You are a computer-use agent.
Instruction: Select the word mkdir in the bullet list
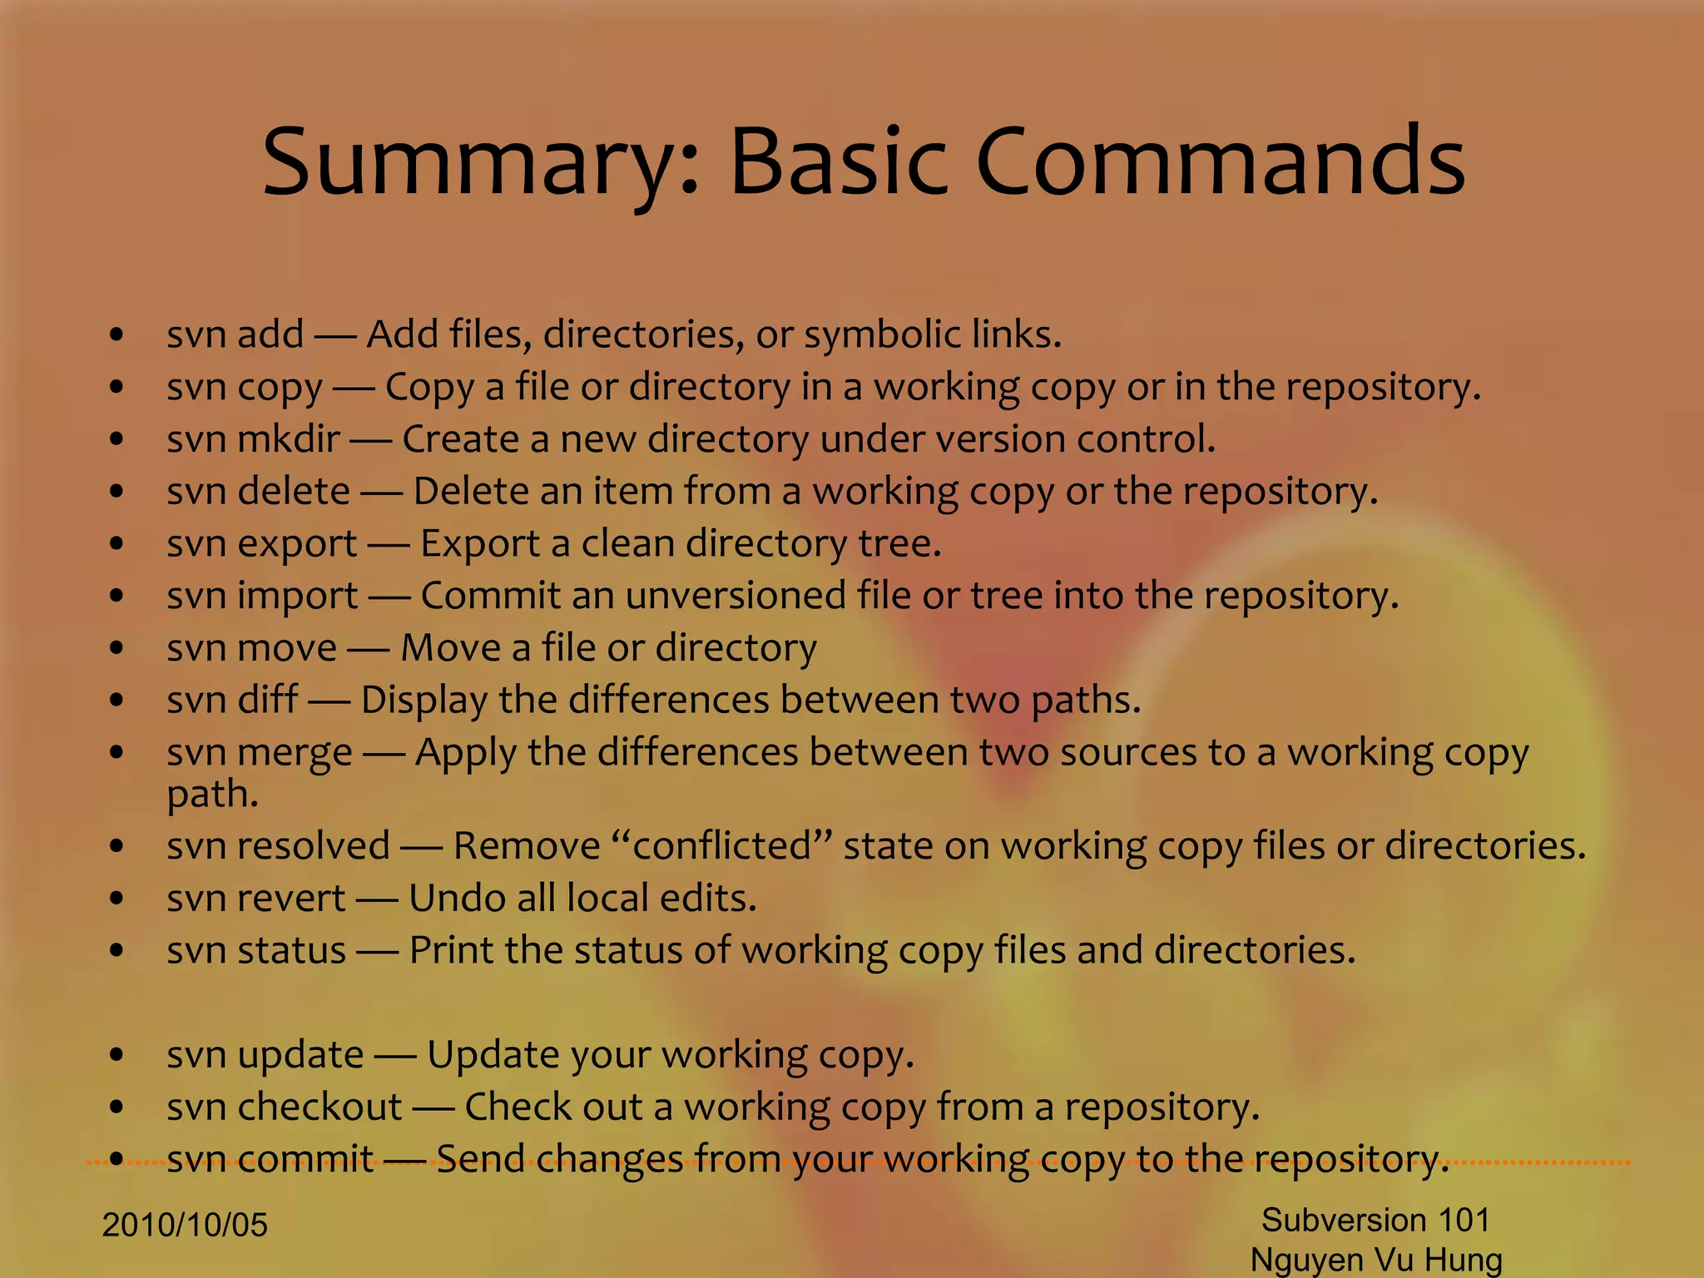tap(289, 438)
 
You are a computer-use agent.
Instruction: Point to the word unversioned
tap(736, 596)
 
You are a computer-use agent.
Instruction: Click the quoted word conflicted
tap(721, 846)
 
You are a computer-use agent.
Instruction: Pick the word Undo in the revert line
tap(456, 898)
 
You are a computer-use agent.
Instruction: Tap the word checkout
tap(319, 1107)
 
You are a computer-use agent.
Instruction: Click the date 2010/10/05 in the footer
tap(185, 1225)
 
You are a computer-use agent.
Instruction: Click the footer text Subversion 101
tap(1375, 1220)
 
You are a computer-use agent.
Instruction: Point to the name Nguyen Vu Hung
tap(1376, 1260)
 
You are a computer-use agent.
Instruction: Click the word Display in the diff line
tap(424, 701)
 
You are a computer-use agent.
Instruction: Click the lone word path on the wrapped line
tap(212, 795)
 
